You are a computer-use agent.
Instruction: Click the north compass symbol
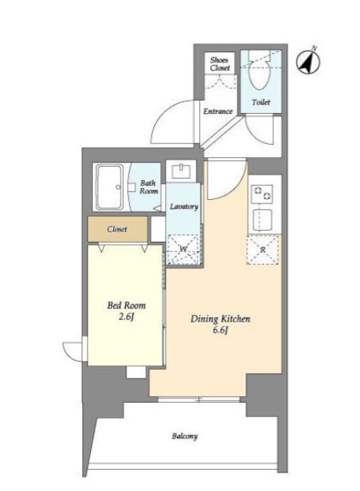click(308, 62)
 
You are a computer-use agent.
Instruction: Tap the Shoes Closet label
click(220, 64)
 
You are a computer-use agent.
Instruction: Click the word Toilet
click(261, 102)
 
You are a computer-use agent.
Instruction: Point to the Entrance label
click(218, 111)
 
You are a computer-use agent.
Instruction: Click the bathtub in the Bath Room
click(109, 187)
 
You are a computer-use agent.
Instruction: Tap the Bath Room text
click(148, 187)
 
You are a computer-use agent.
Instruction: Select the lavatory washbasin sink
click(181, 171)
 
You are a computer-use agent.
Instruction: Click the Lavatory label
click(184, 207)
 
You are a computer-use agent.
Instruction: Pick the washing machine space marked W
click(184, 249)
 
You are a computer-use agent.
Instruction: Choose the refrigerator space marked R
click(262, 250)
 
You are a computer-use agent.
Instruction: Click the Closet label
click(117, 229)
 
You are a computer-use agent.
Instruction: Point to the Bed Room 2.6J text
click(126, 311)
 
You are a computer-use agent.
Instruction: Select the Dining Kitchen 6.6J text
click(220, 324)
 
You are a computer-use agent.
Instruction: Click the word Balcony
click(184, 436)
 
